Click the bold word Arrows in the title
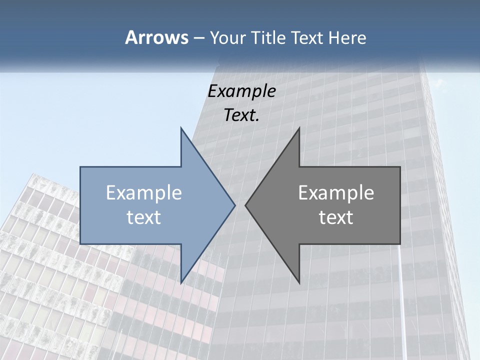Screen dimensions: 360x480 click(156, 37)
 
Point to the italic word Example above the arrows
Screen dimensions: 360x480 click(241, 91)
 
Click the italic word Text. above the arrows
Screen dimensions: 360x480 click(241, 115)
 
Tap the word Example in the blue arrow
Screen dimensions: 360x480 click(144, 192)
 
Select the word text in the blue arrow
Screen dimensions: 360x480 click(144, 217)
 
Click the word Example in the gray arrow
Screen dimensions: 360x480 click(336, 192)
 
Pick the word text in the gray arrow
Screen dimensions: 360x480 click(336, 217)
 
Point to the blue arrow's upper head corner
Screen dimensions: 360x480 click(180, 127)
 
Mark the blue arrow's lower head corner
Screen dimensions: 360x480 click(180, 283)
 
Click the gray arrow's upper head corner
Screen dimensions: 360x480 click(299, 127)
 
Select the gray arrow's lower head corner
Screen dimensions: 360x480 click(299, 283)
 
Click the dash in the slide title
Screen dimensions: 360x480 click(198, 38)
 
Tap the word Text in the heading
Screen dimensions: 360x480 click(307, 37)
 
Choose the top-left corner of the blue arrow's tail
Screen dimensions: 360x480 click(80, 167)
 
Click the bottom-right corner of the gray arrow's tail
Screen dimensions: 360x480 click(400, 244)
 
